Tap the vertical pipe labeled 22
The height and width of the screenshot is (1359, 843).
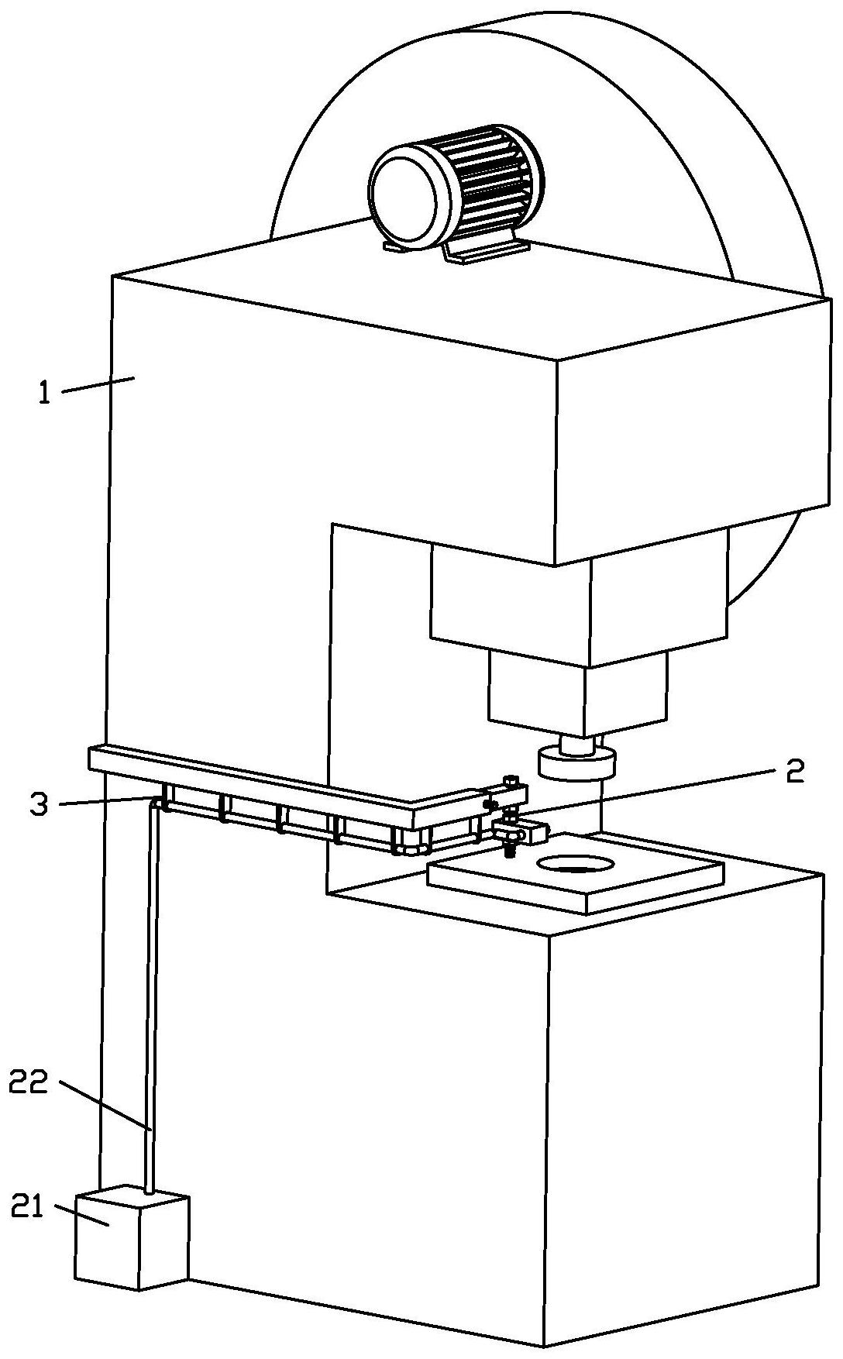(153, 1007)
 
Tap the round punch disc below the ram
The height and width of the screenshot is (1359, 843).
(576, 763)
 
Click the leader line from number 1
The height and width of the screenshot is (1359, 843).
(97, 384)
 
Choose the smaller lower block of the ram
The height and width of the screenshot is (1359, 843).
(577, 693)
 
